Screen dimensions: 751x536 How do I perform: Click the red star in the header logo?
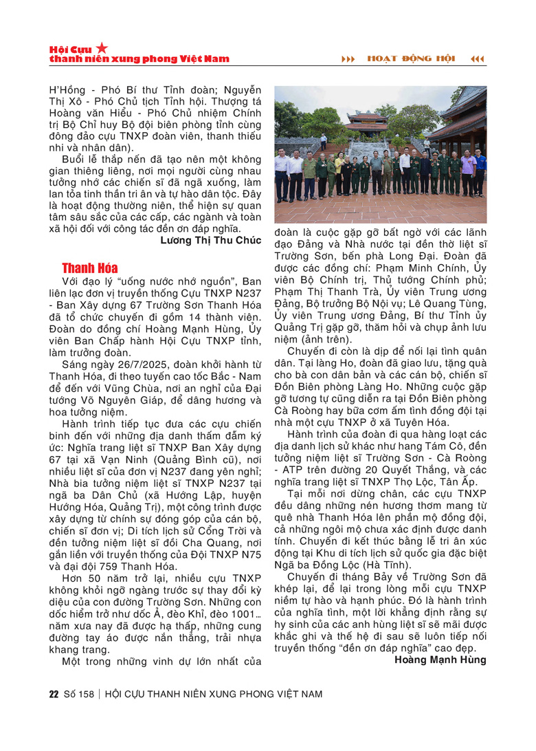[x=102, y=47]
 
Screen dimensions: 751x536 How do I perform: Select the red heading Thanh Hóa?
[x=89, y=268]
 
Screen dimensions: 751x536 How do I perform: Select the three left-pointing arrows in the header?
[x=477, y=58]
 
